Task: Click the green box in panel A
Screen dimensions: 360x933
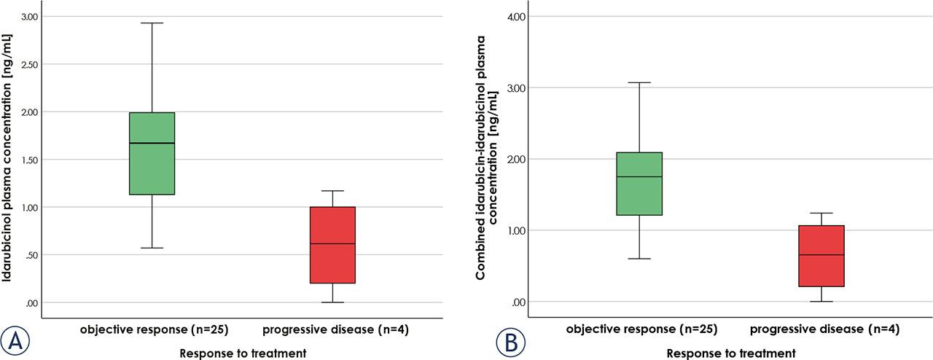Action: [x=152, y=153]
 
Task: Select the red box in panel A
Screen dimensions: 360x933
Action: [x=332, y=245]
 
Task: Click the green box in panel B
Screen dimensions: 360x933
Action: [x=639, y=184]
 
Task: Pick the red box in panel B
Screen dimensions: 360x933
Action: [x=821, y=256]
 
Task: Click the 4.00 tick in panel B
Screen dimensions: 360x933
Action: [x=517, y=16]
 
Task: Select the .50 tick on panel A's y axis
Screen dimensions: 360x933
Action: [x=31, y=255]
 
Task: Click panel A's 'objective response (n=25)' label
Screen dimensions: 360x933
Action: [x=155, y=330]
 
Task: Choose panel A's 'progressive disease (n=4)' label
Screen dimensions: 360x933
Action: [x=335, y=330]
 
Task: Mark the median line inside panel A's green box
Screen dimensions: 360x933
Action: [x=152, y=144]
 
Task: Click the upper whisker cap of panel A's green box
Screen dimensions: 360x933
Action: [x=152, y=23]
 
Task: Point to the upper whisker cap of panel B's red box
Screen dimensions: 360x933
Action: [x=821, y=214]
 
